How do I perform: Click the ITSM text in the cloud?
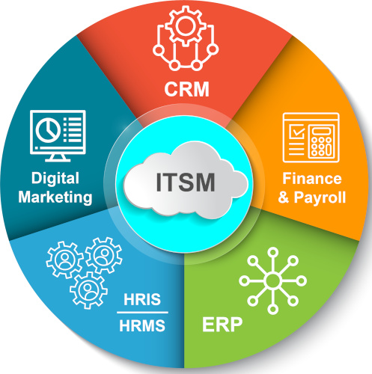coord(186,183)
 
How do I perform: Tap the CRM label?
coord(186,89)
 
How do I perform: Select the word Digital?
coord(55,179)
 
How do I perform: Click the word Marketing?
coord(55,197)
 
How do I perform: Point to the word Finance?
coord(312,179)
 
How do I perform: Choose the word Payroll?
coord(320,197)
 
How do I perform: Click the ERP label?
coord(222,325)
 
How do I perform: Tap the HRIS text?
coord(142,299)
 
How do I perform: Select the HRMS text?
coord(142,325)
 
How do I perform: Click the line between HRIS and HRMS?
coord(142,312)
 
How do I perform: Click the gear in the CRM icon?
coord(186,26)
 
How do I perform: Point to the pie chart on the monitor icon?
coord(48,129)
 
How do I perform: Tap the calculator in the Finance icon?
coord(321,141)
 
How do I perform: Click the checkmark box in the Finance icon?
coord(296,132)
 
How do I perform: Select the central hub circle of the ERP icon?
coord(272,280)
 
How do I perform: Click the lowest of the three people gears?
coord(88,290)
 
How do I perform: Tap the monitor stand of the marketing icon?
coord(58,158)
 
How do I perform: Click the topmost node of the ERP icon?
coord(272,252)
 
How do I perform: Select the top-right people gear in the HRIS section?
coord(103,255)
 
